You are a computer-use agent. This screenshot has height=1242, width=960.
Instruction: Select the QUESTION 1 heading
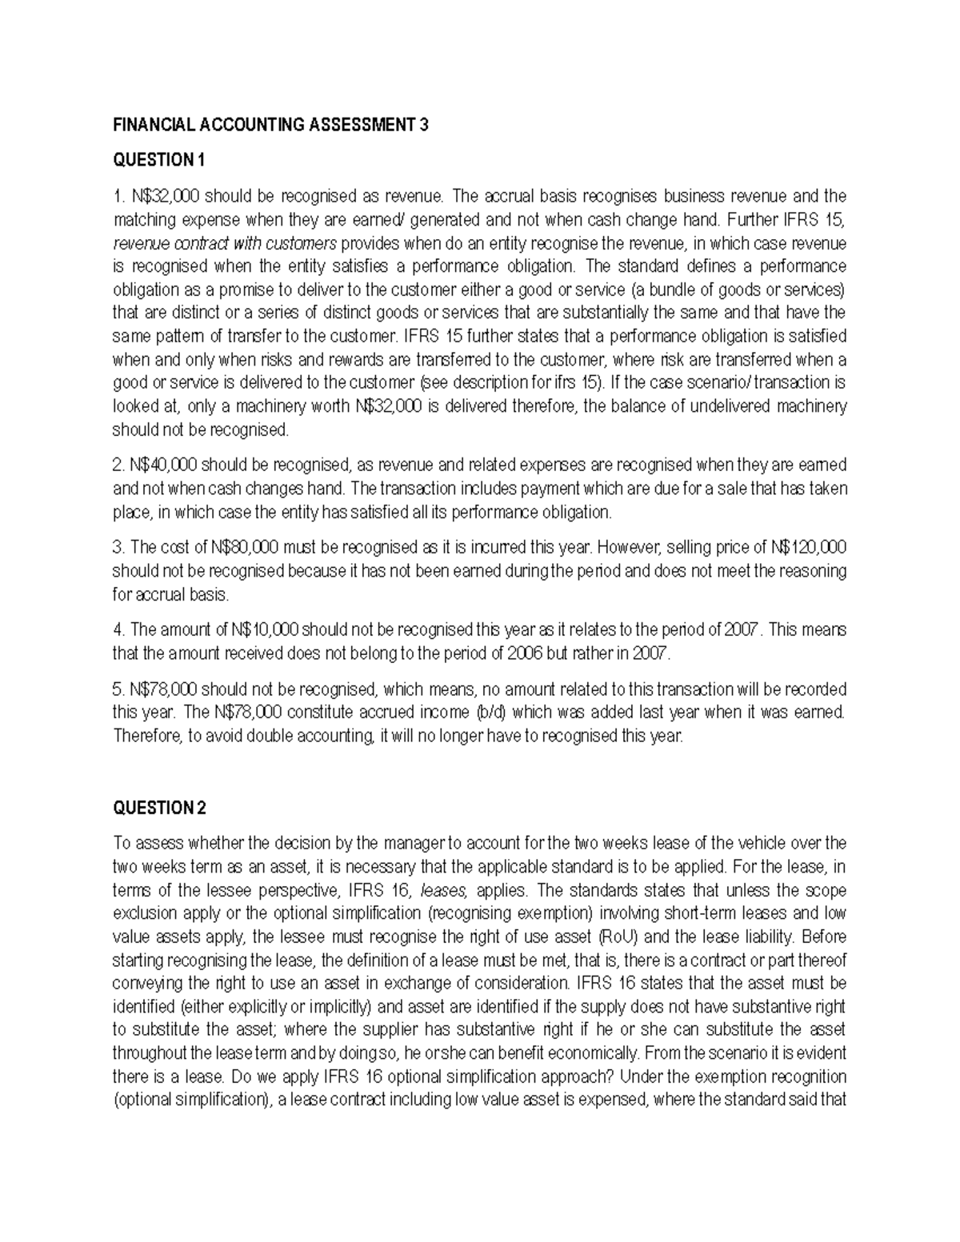(x=158, y=161)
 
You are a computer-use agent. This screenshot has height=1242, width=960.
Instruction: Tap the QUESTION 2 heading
(x=159, y=808)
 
